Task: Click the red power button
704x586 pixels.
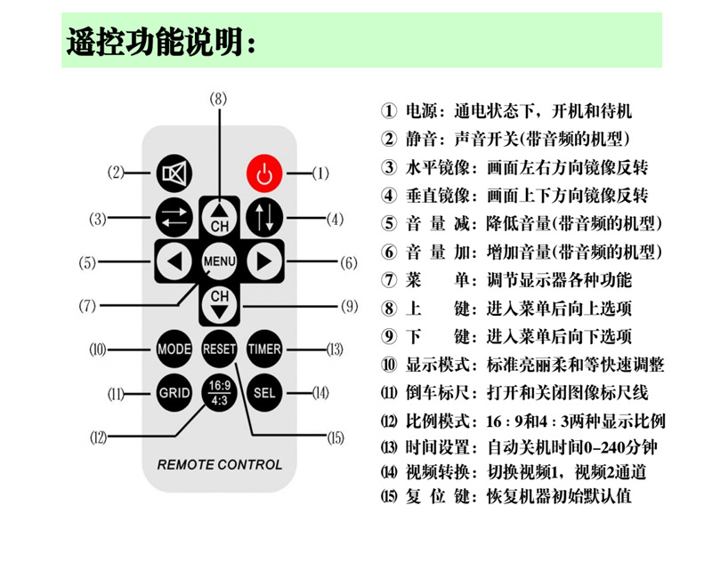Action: [263, 174]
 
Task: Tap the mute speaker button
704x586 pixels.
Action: [174, 174]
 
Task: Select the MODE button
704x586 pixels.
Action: [174, 349]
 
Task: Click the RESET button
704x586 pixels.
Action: [219, 349]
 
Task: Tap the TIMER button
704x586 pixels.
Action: [264, 349]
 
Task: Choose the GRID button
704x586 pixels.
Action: [174, 392]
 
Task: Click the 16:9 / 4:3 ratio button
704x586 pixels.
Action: [219, 392]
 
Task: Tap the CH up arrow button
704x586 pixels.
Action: [219, 216]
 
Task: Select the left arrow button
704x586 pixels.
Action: [174, 261]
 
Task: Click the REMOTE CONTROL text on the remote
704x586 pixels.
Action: [219, 464]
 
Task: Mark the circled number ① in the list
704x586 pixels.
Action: [388, 113]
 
